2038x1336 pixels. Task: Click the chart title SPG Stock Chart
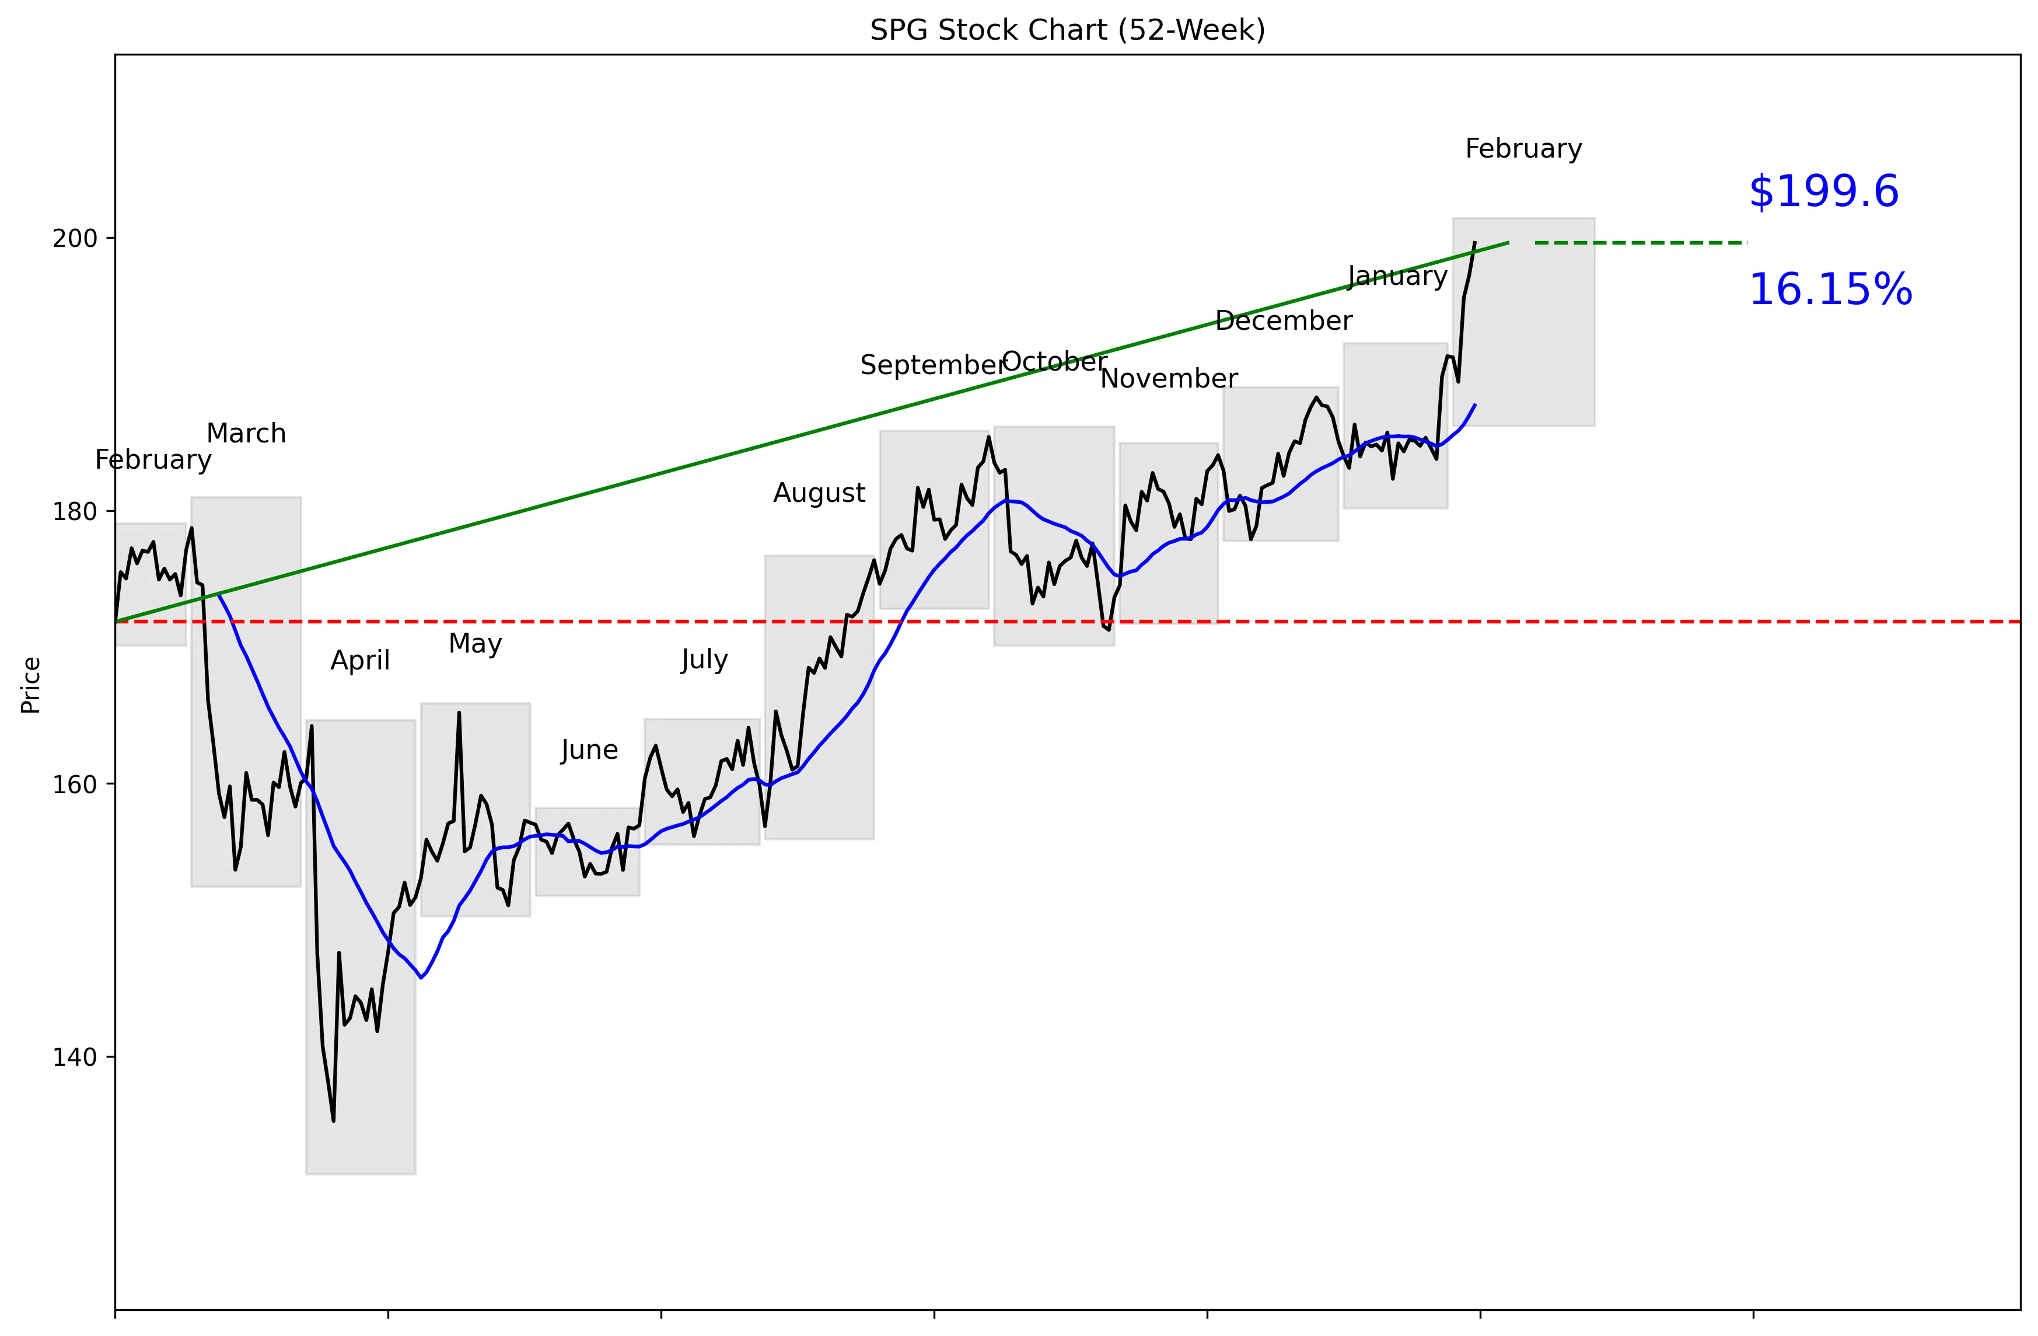click(x=1067, y=30)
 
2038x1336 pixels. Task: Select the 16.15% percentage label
click(x=1830, y=289)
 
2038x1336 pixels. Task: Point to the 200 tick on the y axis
click(x=75, y=238)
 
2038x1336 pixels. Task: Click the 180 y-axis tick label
click(x=75, y=511)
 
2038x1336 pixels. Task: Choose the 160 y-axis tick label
click(x=75, y=784)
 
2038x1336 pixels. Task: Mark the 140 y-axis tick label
click(x=75, y=1058)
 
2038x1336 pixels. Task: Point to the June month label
click(x=589, y=749)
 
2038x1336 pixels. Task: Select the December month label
click(x=1283, y=320)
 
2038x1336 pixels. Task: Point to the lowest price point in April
click(x=333, y=1120)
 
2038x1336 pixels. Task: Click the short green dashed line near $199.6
click(x=1640, y=243)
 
